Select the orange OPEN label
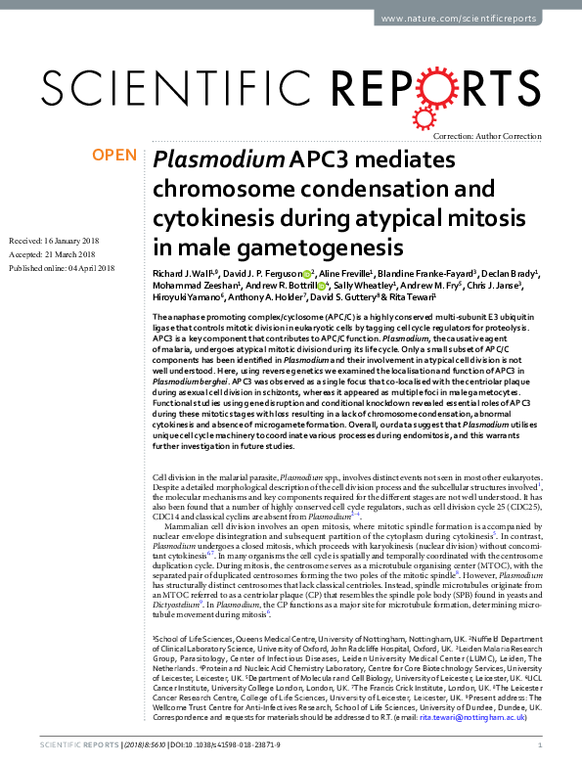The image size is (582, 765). pyautogui.click(x=114, y=156)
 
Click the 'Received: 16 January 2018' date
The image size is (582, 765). pyautogui.click(x=59, y=240)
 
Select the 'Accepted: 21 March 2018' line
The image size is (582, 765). pyautogui.click(x=56, y=253)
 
